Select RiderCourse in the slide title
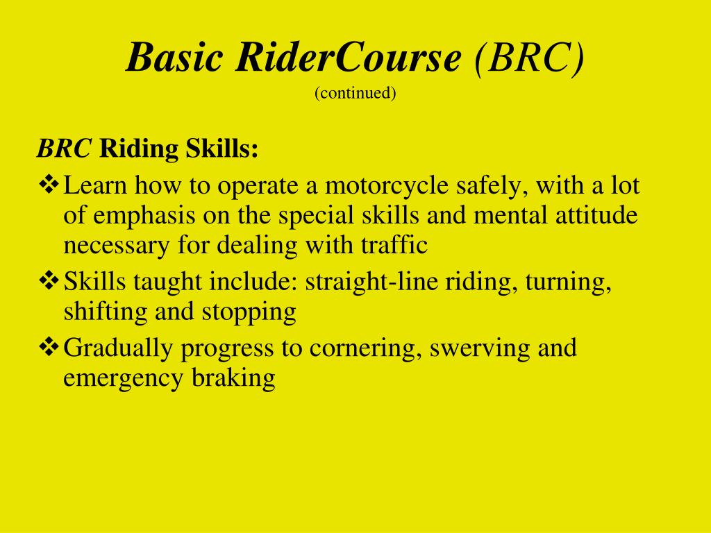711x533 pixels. click(348, 58)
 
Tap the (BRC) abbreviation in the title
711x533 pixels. click(529, 58)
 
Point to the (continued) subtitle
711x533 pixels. click(355, 93)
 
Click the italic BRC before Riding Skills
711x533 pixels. click(65, 148)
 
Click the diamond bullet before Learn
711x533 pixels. click(48, 185)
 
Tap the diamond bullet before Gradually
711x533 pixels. click(48, 346)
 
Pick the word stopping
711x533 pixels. click(249, 312)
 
